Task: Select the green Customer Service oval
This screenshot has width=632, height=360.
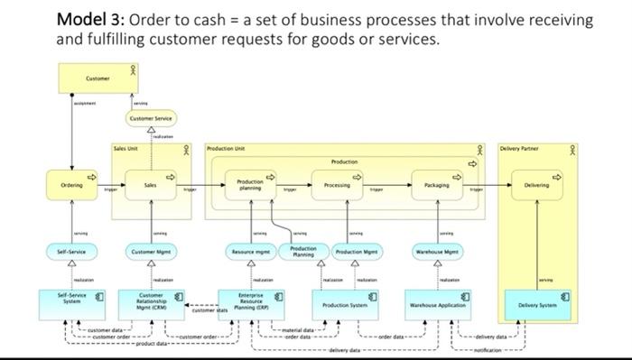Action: (150, 118)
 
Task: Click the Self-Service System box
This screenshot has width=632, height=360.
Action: (73, 300)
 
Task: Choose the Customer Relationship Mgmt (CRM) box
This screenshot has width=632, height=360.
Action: (152, 301)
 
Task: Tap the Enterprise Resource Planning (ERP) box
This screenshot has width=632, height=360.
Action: (251, 301)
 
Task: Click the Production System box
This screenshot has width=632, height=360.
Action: (345, 305)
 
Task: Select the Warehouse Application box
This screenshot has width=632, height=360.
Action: (438, 305)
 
